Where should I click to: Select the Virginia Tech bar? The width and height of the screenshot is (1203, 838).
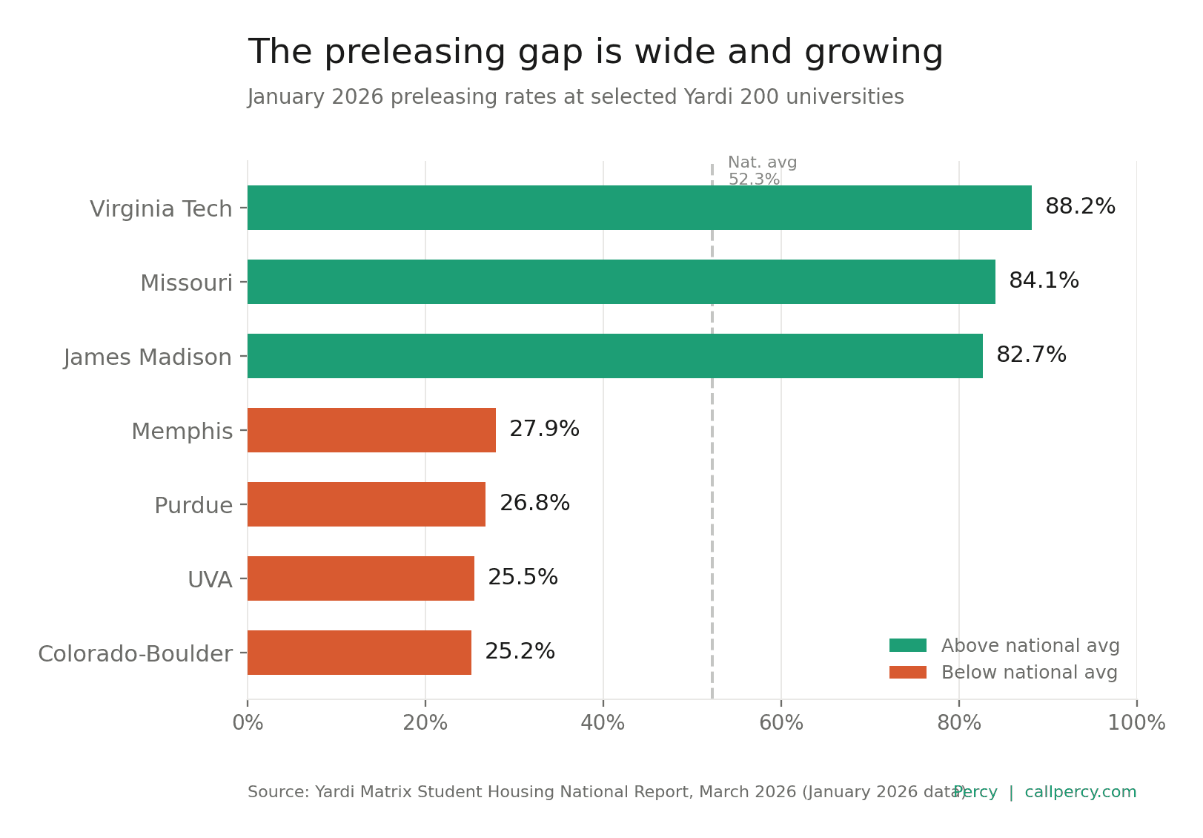(x=639, y=208)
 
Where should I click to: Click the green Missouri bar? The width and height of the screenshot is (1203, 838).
(x=621, y=282)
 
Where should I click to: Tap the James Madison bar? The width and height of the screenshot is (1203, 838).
(x=614, y=356)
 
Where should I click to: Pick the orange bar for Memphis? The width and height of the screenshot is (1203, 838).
(x=371, y=430)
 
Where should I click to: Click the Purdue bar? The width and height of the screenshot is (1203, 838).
(x=366, y=504)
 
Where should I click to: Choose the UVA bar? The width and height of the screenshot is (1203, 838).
(x=361, y=578)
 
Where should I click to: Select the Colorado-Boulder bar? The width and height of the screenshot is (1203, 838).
(x=359, y=653)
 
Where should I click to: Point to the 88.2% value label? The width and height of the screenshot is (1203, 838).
(x=1080, y=207)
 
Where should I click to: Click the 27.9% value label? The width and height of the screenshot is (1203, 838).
(x=544, y=429)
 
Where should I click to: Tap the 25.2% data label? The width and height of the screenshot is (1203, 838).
(x=520, y=652)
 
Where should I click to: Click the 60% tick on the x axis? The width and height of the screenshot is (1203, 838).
(x=781, y=723)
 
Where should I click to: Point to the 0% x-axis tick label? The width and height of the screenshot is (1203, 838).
(x=248, y=723)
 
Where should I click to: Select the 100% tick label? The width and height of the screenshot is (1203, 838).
(x=1136, y=723)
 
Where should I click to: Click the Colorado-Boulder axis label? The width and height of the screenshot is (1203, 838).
(x=135, y=654)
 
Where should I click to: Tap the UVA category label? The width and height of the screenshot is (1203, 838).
(x=210, y=580)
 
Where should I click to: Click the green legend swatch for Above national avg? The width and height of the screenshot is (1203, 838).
(x=907, y=646)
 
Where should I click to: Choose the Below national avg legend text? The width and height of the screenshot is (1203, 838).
(x=1029, y=673)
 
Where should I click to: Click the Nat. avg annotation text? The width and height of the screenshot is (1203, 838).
(x=762, y=163)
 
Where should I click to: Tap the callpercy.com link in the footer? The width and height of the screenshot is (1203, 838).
(x=1080, y=792)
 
